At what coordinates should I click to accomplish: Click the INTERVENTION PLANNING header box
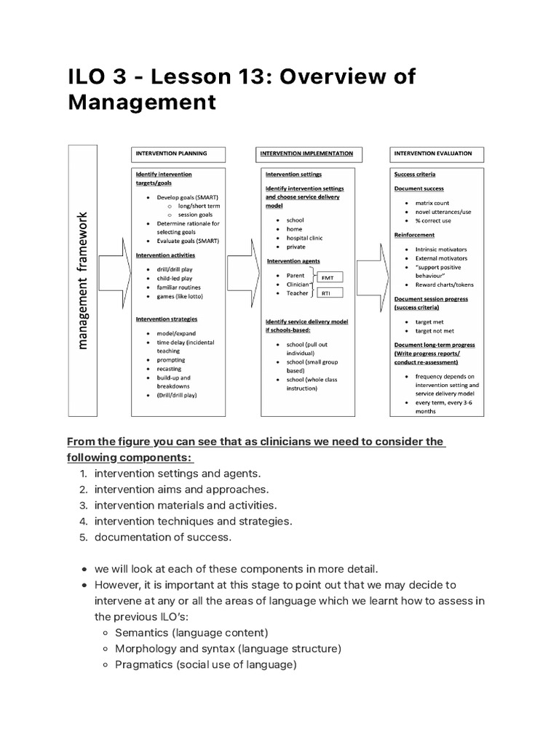click(x=178, y=154)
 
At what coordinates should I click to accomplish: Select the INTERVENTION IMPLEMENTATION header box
click(x=306, y=154)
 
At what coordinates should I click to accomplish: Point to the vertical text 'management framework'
click(x=82, y=280)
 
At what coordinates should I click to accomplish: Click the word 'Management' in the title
click(x=142, y=102)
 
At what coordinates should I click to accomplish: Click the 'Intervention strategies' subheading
click(x=167, y=319)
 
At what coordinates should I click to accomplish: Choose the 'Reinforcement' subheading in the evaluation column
click(x=414, y=235)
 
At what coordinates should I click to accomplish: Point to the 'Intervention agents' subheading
click(x=293, y=260)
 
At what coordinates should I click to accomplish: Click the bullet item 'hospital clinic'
click(x=305, y=238)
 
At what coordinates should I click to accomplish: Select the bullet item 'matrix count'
click(x=432, y=203)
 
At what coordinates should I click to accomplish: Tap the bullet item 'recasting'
click(x=171, y=369)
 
